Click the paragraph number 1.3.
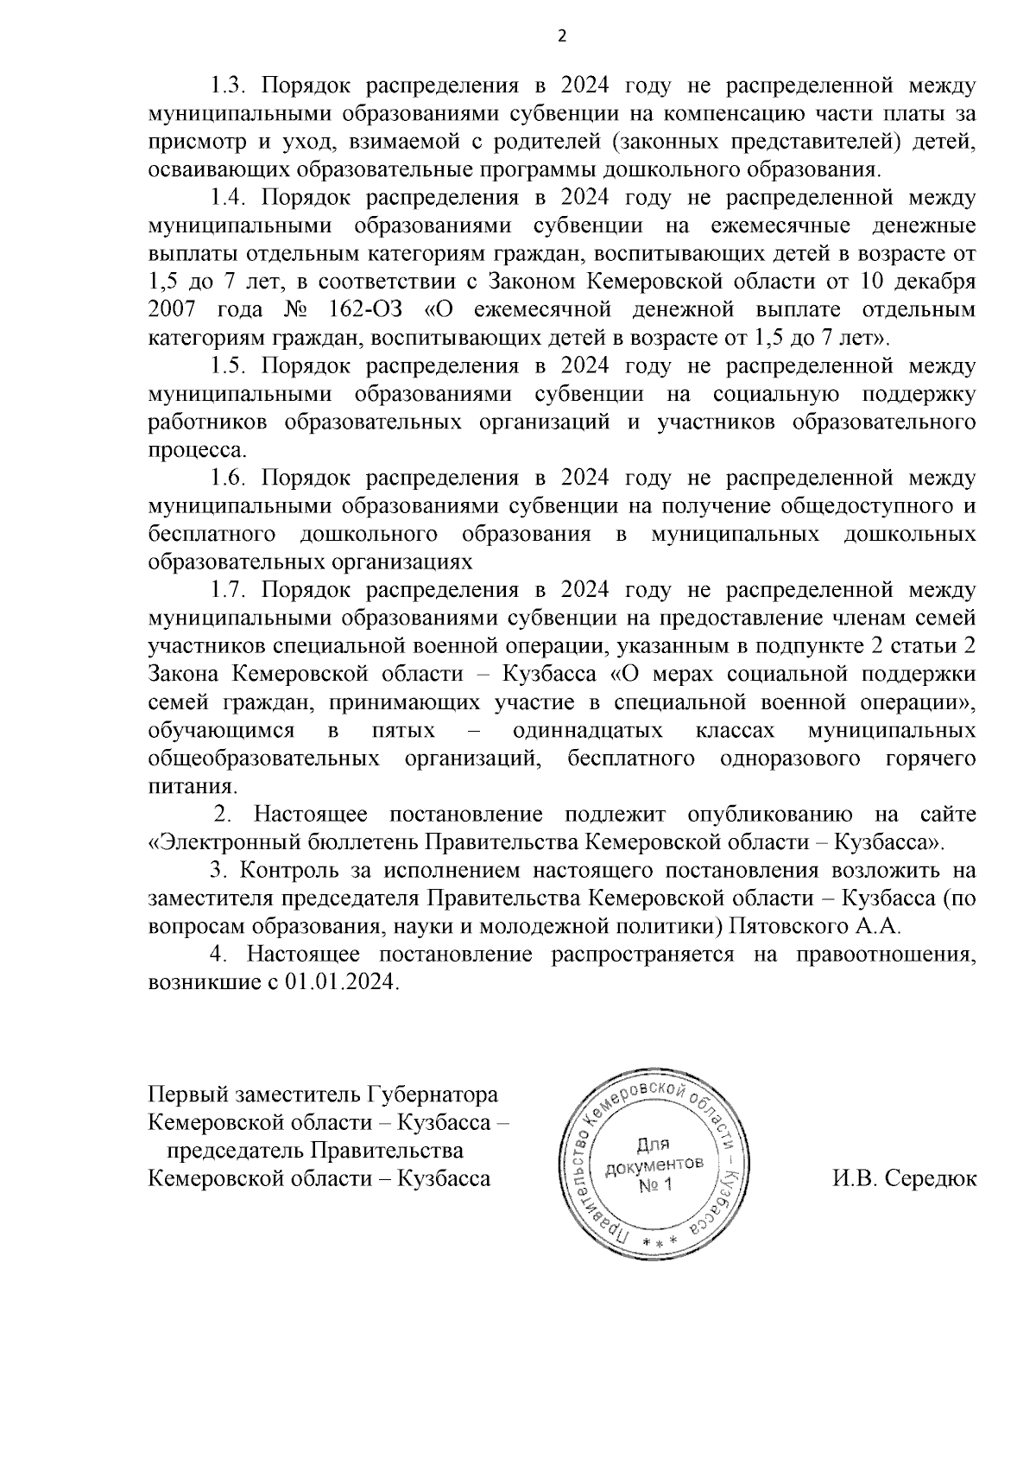click(229, 86)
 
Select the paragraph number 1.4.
click(229, 198)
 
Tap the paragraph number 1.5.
click(229, 366)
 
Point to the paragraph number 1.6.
click(229, 479)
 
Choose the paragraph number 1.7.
click(229, 591)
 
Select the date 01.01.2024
click(340, 984)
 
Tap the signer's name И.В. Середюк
click(905, 1178)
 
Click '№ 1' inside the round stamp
click(655, 1185)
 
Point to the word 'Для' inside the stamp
click(654, 1146)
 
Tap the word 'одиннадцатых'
click(588, 732)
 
